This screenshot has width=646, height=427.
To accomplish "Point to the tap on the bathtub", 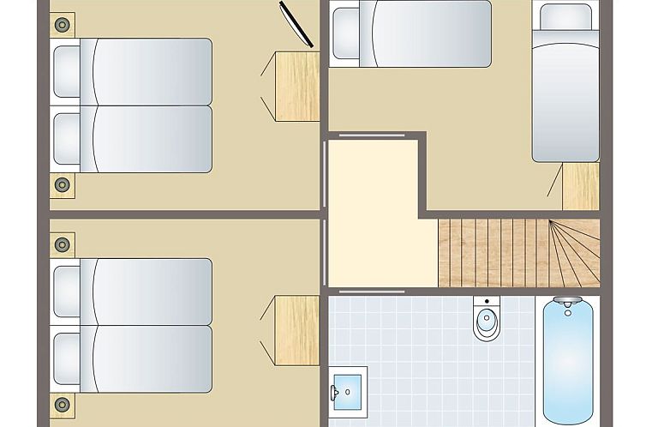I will coord(566,302).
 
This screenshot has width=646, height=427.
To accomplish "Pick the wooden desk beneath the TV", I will coord(297,86).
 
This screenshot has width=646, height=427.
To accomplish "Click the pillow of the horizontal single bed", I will coord(350,33).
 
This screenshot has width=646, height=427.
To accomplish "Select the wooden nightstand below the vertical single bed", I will coord(580,186).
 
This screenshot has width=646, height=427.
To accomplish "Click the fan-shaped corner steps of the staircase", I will coord(573,252).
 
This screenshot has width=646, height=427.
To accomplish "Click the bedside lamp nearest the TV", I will coord(62,26).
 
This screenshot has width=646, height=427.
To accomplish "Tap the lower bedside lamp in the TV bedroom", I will coord(62,184).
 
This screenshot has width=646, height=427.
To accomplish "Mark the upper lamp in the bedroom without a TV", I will coord(62,244).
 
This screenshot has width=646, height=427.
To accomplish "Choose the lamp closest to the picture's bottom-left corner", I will coord(62,404).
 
